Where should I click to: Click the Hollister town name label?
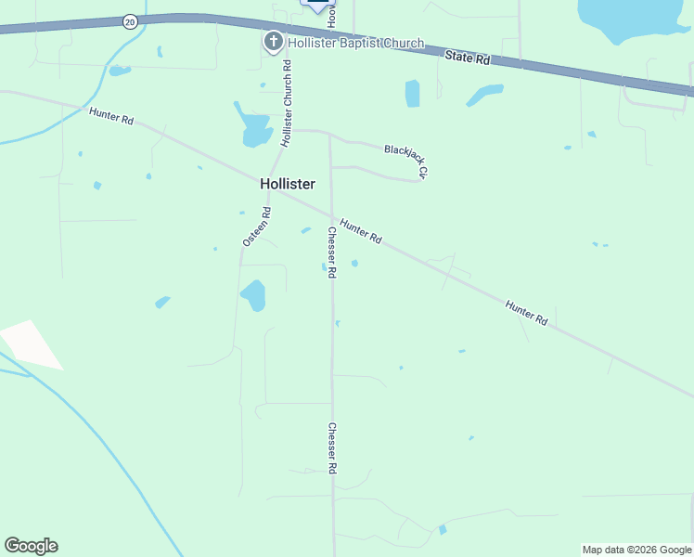(288, 184)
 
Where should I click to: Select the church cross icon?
(273, 42)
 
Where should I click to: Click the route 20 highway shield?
(130, 20)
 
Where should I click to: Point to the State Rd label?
(467, 58)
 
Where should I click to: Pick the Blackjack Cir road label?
(406, 160)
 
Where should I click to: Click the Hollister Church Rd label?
(288, 103)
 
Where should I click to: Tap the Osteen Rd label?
(257, 226)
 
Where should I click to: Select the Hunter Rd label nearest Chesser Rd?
(361, 231)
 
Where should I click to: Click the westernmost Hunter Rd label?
(111, 118)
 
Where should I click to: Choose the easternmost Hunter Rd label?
(526, 312)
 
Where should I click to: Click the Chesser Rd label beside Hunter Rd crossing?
(331, 253)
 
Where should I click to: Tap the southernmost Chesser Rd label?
(331, 449)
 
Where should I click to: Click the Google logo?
(31, 546)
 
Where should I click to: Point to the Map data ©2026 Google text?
(637, 550)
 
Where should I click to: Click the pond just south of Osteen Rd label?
(253, 296)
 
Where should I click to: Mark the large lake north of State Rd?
(631, 19)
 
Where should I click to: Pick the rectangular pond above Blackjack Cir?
(412, 93)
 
